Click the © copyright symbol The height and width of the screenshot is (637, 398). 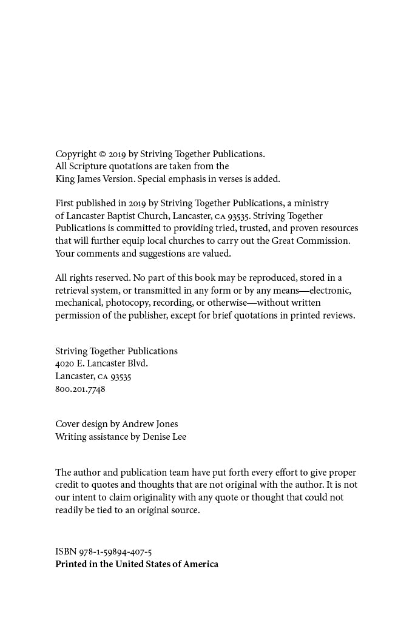(103, 154)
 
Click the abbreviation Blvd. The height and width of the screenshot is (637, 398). (137, 363)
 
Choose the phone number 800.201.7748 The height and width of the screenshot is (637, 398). (80, 389)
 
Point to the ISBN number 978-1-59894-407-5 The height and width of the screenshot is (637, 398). (115, 551)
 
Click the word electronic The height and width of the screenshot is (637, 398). (330, 291)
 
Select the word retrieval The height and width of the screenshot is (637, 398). (73, 291)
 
